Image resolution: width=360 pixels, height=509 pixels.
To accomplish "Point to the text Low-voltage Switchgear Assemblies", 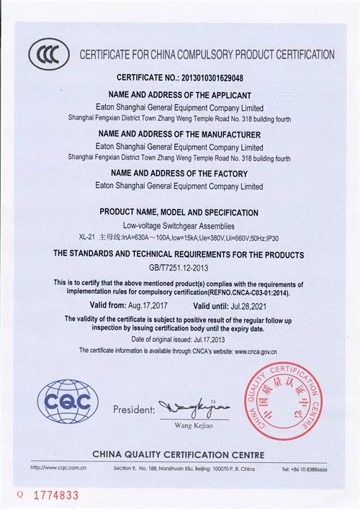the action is click(x=179, y=225).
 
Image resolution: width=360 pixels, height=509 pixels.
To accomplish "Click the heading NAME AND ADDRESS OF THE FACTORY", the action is click(x=179, y=174).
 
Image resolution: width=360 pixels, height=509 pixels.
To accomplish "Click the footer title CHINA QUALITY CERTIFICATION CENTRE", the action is click(x=178, y=454).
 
